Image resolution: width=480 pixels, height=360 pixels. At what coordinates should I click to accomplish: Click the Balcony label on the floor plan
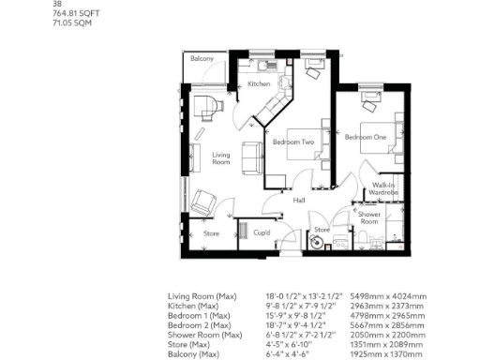(202, 59)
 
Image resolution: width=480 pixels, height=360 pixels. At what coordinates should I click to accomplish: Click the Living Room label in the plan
(221, 158)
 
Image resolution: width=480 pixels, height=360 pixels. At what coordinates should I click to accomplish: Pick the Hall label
(299, 201)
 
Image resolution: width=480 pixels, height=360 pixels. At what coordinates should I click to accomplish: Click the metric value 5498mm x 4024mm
(388, 295)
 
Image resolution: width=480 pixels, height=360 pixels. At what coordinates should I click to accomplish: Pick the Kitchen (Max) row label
(193, 304)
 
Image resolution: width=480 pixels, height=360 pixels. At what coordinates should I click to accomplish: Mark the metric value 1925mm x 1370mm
(387, 353)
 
